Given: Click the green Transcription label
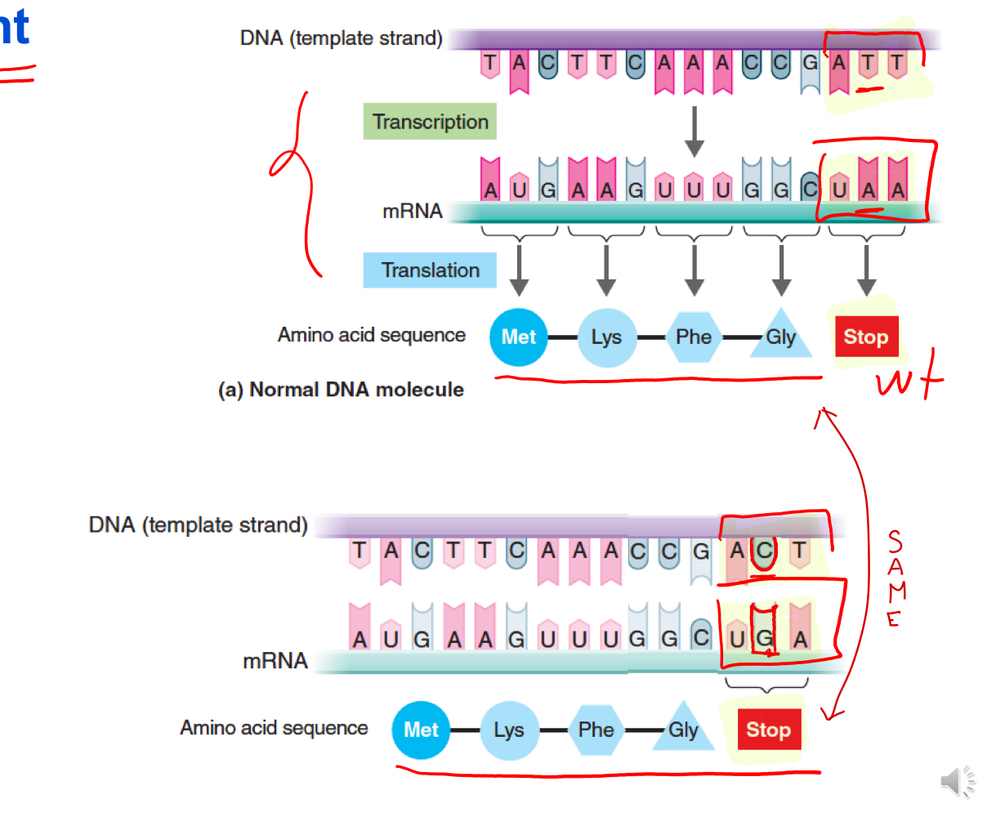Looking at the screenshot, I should (x=430, y=122).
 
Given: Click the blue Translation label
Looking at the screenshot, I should (x=430, y=270).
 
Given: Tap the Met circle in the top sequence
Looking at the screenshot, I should (x=518, y=337).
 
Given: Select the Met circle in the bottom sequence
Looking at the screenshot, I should (x=421, y=730).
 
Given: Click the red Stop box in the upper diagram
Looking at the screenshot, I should (x=866, y=337).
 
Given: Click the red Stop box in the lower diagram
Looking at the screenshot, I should (x=768, y=730).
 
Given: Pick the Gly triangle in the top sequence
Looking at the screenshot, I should (x=780, y=337).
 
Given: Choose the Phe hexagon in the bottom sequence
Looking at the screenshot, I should (x=596, y=730).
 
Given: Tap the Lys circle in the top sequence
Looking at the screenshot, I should (x=606, y=337).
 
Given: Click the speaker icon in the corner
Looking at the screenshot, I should (x=957, y=781).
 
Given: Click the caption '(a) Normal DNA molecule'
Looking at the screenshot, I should (x=341, y=390).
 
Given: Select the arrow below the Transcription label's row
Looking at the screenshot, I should (x=694, y=131).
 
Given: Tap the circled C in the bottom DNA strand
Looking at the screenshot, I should (x=764, y=551).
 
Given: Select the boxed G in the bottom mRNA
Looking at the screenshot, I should (x=765, y=638).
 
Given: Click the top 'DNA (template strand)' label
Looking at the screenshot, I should (x=341, y=38).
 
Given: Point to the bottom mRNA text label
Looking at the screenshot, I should (x=275, y=661).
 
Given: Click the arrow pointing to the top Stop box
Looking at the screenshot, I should (x=866, y=270).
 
